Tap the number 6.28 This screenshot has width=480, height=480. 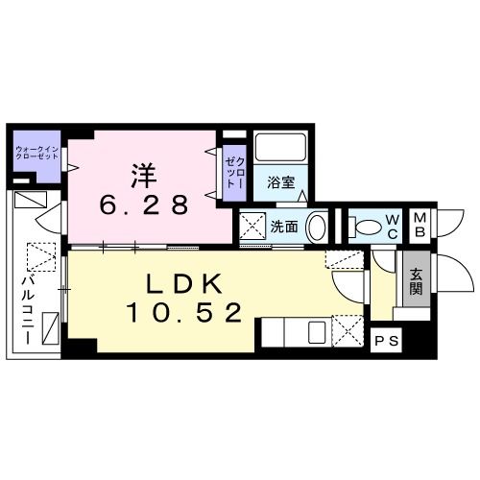point(145,204)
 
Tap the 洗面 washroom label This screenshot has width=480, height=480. point(283,228)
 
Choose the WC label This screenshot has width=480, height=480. point(393,228)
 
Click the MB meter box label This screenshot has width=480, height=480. point(421,226)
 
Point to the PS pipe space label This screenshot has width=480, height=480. point(384,340)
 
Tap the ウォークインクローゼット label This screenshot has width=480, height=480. point(35,153)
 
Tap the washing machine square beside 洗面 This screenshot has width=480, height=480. point(252,228)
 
